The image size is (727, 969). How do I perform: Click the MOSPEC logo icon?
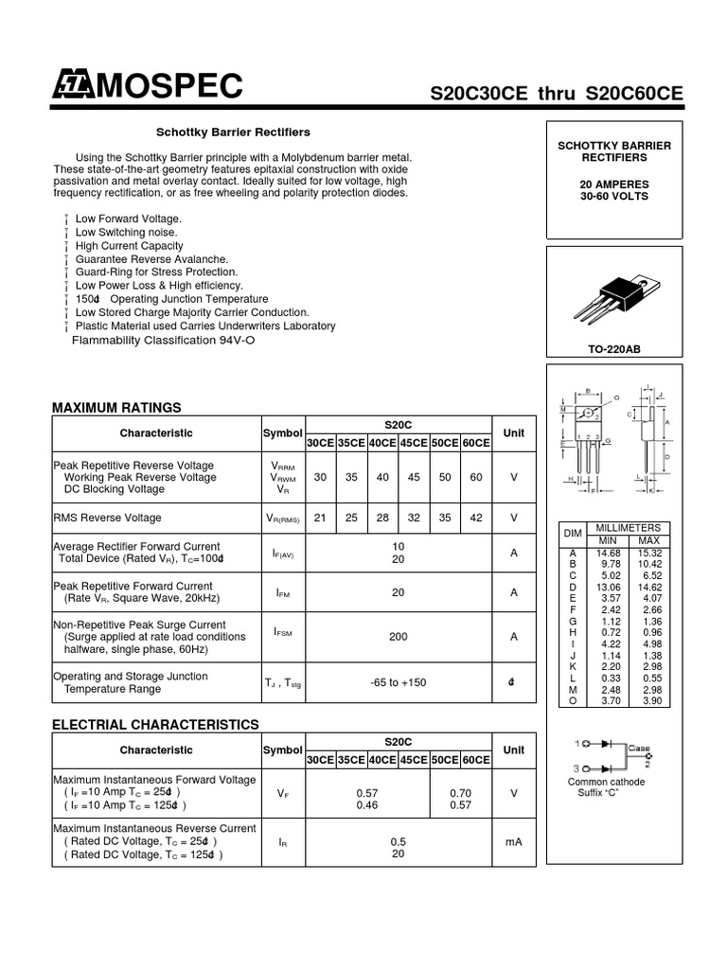pos(72,86)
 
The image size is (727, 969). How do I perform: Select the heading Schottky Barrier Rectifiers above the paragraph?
pos(233,132)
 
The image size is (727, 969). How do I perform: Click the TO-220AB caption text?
pos(613,349)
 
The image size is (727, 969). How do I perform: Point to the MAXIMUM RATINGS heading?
pos(115,408)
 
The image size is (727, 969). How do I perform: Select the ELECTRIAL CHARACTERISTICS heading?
pos(155,725)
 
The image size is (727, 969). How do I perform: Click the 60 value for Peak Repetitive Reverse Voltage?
pos(475,478)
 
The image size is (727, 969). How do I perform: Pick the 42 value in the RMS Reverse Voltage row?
pos(475,518)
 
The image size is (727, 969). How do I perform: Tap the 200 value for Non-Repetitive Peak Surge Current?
pos(398,637)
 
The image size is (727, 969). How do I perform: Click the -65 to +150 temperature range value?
pos(398,683)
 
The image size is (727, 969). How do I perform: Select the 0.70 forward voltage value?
pos(460,793)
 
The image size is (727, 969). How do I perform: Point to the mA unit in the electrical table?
pos(513,841)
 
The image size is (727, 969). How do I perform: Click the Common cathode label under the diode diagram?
pos(606,783)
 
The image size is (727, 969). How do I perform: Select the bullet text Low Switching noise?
pos(126,232)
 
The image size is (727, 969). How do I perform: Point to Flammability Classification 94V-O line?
pos(164,340)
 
